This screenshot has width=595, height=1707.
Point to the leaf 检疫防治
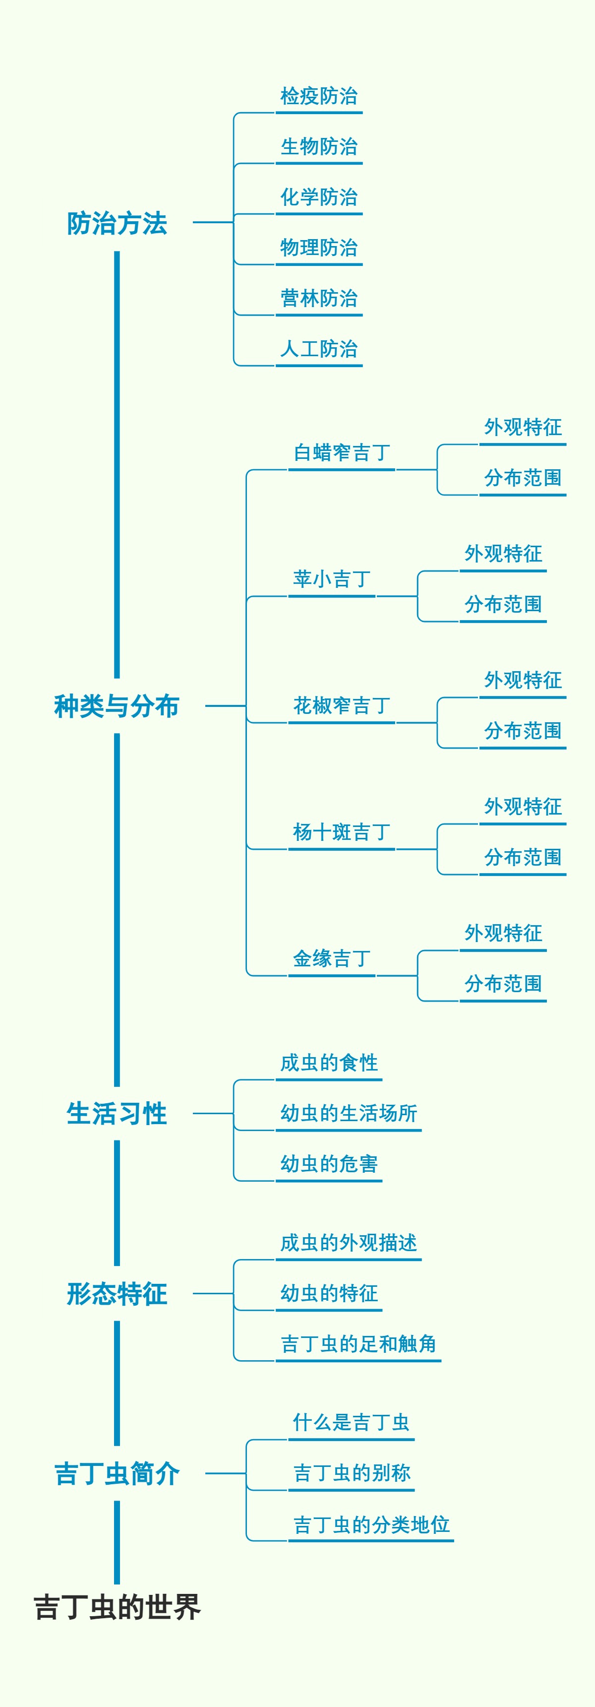[x=319, y=97]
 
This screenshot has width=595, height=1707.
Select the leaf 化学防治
[x=319, y=197]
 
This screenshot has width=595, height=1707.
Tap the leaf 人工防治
[x=319, y=349]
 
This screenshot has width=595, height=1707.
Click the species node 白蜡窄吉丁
[x=341, y=453]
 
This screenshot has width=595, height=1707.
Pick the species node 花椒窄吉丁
[x=341, y=706]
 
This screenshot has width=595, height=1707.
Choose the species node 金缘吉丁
[x=331, y=959]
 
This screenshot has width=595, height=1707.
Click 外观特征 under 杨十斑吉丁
[x=523, y=807]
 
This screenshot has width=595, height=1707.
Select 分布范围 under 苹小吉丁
[x=503, y=605]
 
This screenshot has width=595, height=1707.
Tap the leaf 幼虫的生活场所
[x=349, y=1114]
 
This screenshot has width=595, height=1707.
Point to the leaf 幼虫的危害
[x=329, y=1164]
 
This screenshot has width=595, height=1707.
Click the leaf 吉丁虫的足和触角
[x=358, y=1344]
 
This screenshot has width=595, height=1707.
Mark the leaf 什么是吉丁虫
[x=351, y=1423]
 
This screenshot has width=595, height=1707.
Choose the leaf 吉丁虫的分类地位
[x=371, y=1525]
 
